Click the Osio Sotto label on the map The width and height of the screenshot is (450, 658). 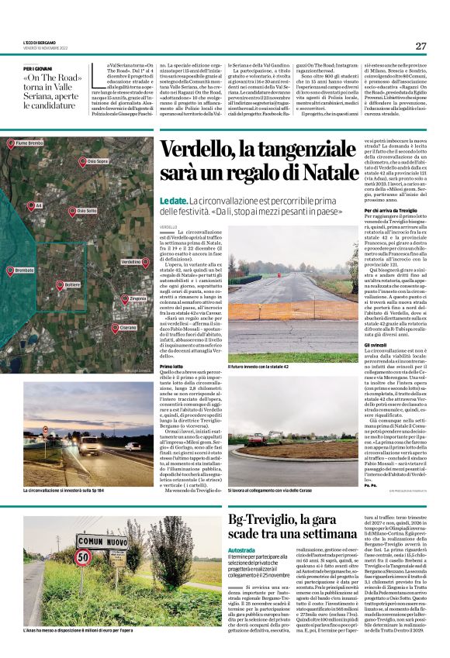click(x=86, y=210)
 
